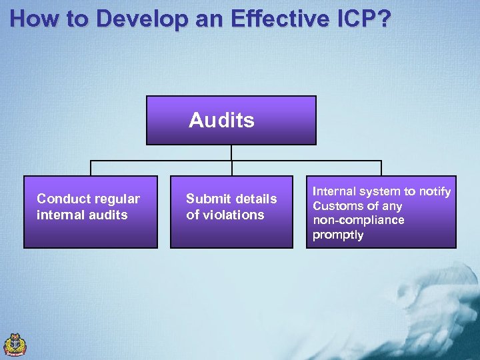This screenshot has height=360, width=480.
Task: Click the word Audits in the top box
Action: pos(221,121)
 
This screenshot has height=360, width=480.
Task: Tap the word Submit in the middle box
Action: pos(207,199)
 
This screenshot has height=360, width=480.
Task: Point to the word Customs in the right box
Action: pos(338,206)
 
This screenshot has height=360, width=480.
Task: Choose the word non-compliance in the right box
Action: pos(359,220)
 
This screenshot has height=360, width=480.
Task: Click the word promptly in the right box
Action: pos(339,235)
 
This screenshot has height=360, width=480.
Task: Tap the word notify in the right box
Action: pos(435,192)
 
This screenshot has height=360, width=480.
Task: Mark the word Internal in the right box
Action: pos(335,192)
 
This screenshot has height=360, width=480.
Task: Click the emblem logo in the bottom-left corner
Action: pos(15,345)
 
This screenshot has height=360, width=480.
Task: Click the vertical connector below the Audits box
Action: pos(231,153)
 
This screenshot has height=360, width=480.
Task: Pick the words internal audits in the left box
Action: pos(82,215)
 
